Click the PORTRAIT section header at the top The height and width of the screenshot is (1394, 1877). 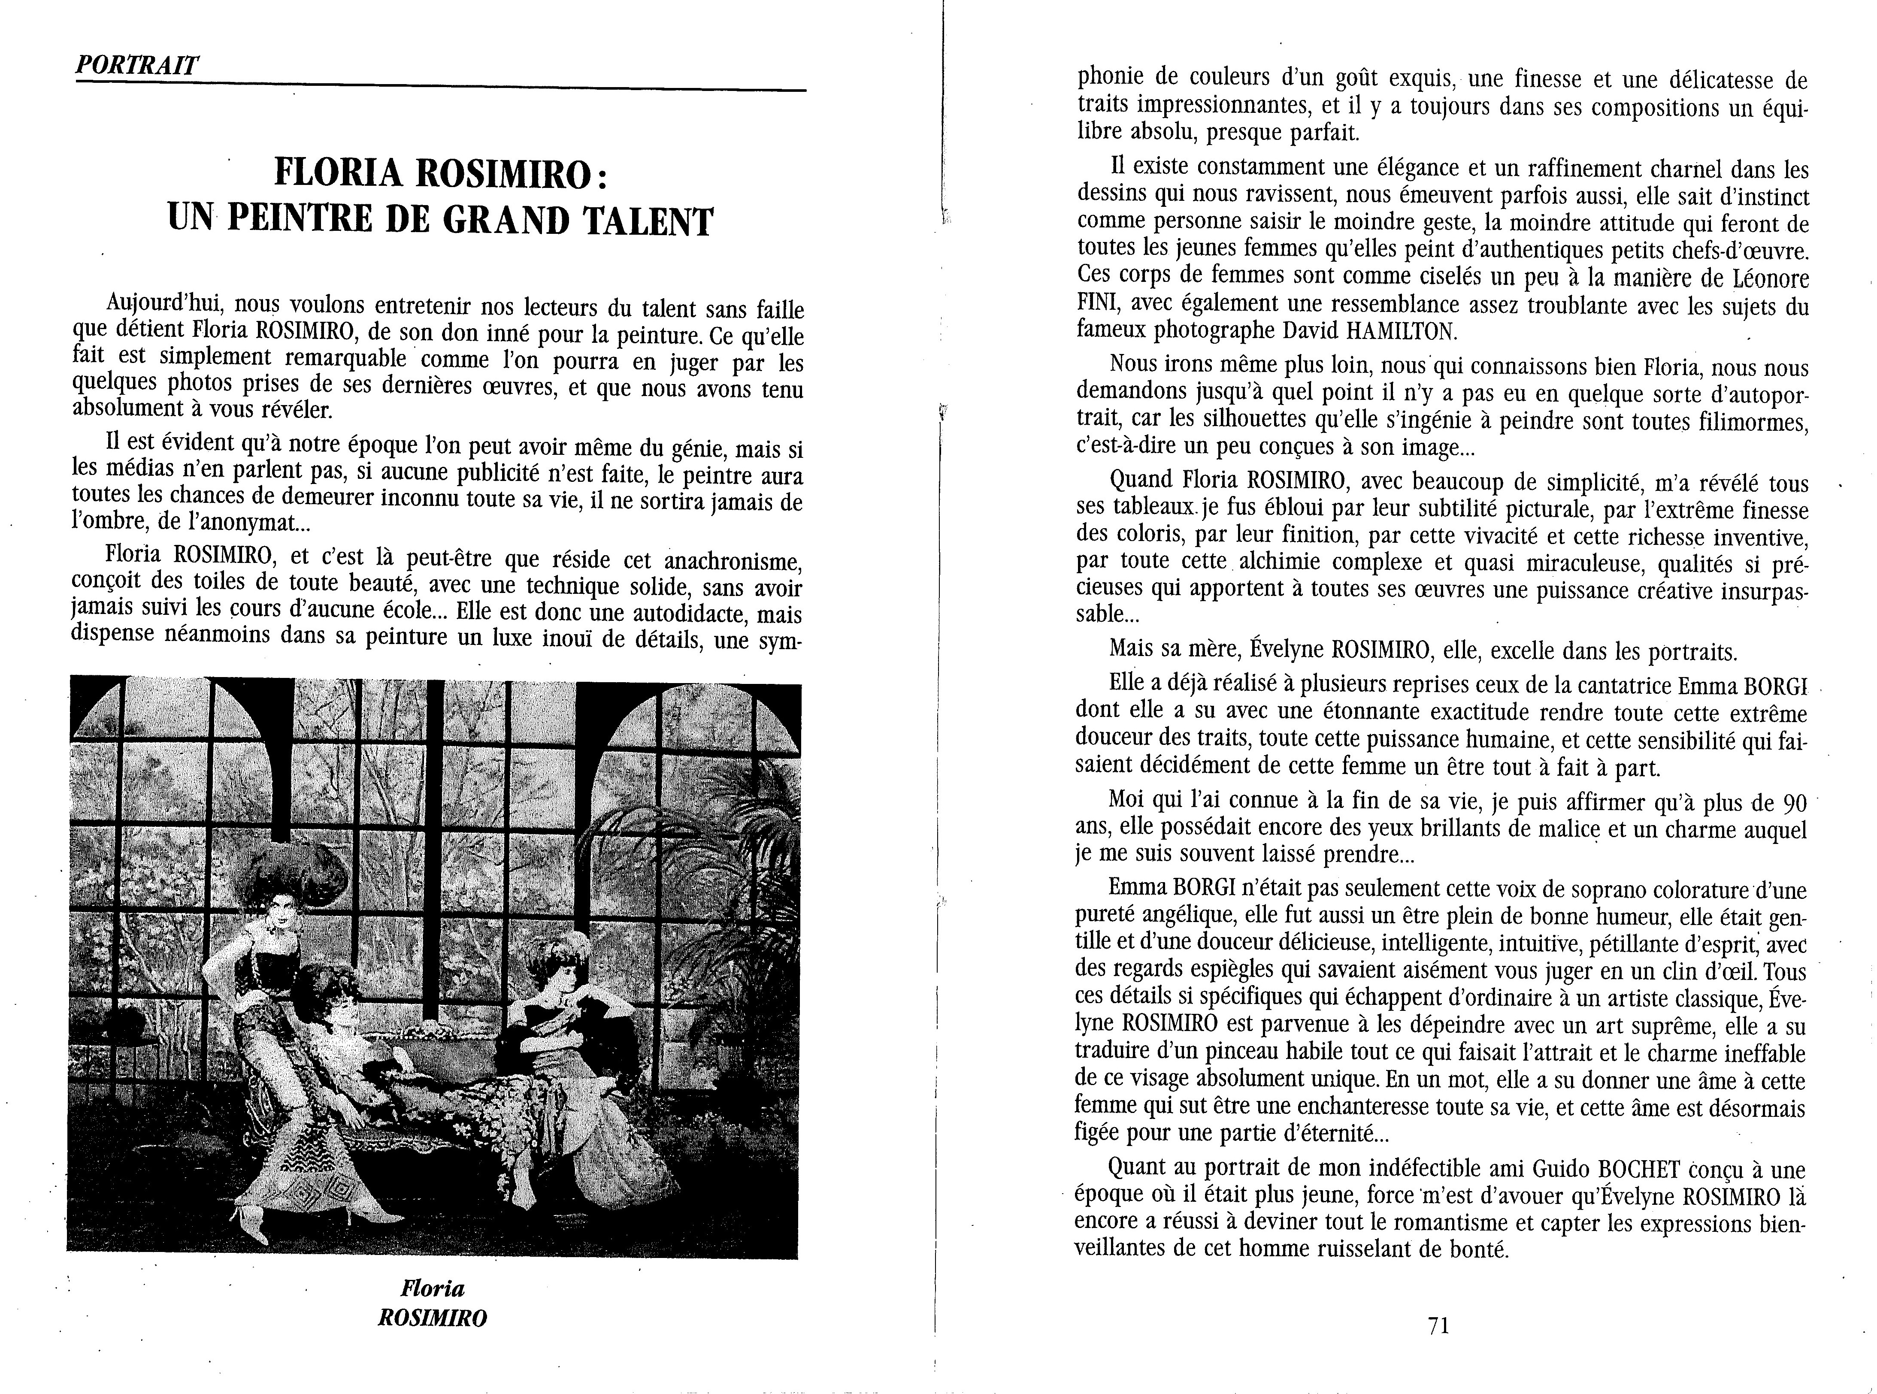coord(137,65)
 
